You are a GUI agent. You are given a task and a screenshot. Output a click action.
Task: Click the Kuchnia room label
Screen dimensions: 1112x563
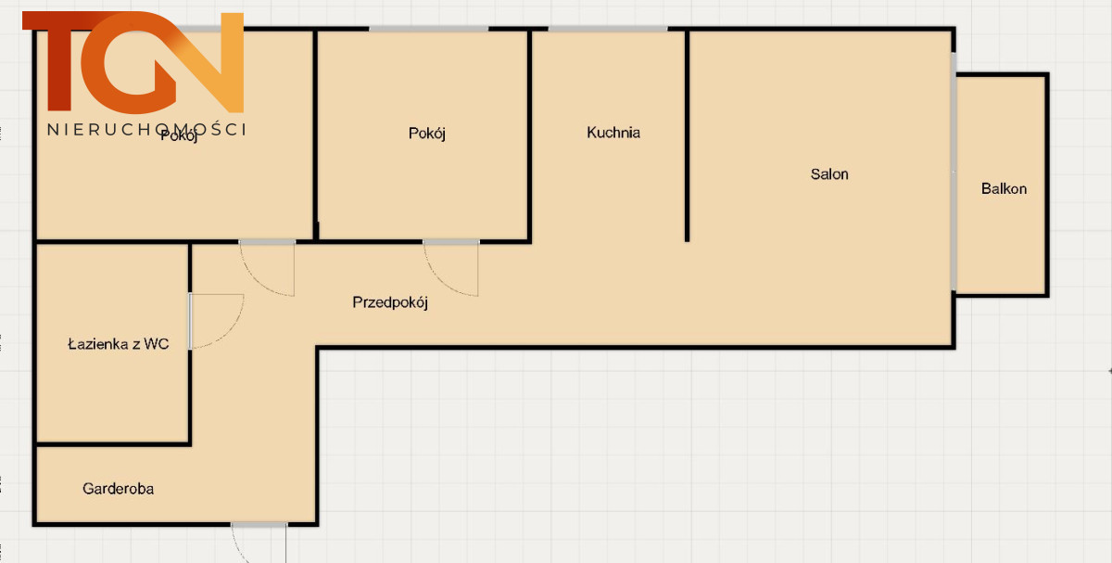(x=613, y=133)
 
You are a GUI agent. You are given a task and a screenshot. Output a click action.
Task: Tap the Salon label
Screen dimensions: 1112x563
(x=829, y=174)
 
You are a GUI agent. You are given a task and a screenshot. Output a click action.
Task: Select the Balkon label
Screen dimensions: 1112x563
(x=1004, y=189)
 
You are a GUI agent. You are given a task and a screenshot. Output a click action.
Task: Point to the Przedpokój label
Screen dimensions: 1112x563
(x=390, y=302)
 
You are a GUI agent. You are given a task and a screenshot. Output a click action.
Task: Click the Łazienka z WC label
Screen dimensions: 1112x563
(x=119, y=344)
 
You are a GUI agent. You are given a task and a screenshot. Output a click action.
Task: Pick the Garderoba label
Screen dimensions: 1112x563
(x=119, y=489)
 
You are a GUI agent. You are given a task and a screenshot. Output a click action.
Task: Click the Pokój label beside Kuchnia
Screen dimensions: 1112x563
(x=427, y=134)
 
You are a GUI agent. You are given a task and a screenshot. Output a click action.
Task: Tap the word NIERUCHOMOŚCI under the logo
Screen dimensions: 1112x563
(x=146, y=130)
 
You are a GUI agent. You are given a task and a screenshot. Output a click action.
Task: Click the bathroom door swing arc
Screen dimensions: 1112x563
(x=226, y=328)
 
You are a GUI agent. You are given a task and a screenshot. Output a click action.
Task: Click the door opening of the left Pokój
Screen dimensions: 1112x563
(x=267, y=242)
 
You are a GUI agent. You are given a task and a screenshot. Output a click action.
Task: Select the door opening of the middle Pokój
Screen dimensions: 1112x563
(x=451, y=242)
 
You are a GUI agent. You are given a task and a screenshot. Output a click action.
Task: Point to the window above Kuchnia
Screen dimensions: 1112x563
(x=608, y=29)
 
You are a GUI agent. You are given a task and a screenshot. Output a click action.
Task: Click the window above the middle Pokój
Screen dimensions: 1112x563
(x=428, y=29)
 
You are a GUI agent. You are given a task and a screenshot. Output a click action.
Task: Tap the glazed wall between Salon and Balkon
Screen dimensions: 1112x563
(x=954, y=172)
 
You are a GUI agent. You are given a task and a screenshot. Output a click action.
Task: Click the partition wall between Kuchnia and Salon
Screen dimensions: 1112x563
(x=687, y=135)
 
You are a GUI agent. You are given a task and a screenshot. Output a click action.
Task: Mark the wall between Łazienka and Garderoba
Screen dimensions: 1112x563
(x=113, y=443)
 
